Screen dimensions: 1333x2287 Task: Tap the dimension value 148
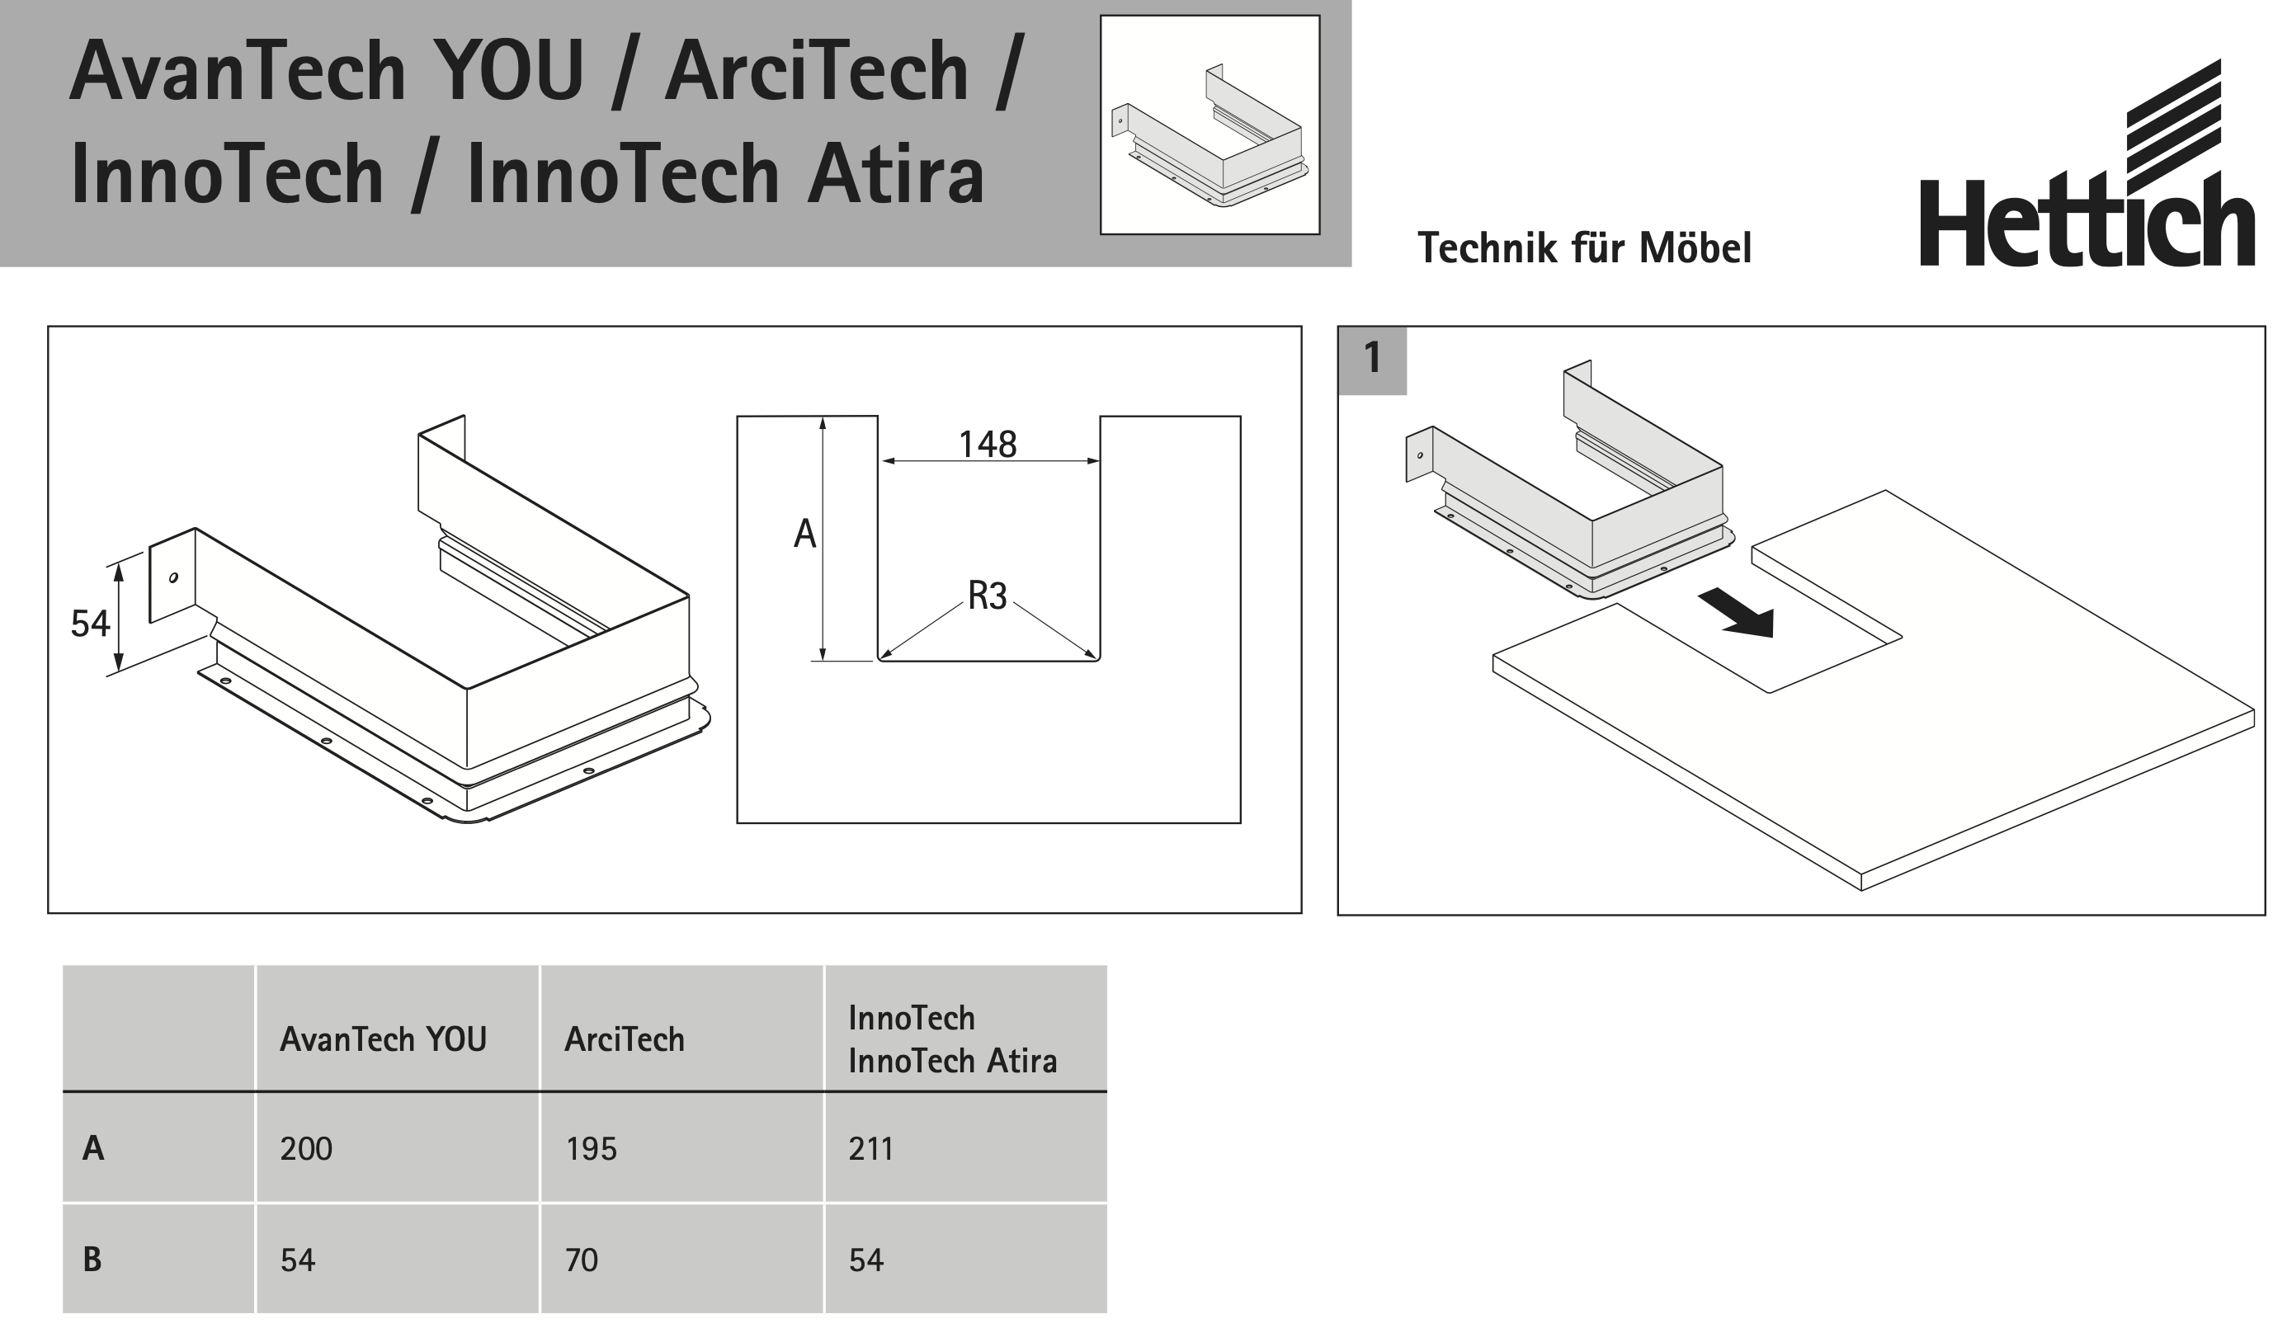tap(988, 445)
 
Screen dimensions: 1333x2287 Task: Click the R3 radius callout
tap(988, 596)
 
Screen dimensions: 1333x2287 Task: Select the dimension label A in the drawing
tap(804, 535)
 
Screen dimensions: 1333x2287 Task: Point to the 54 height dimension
tap(90, 624)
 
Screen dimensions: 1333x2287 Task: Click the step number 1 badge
tap(1372, 359)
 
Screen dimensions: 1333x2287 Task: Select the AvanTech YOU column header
tap(383, 1039)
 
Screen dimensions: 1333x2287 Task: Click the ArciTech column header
tap(625, 1039)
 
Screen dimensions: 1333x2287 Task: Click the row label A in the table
tap(92, 1148)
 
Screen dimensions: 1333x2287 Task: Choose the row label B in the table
tap(92, 1260)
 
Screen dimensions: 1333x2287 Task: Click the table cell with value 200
tap(307, 1149)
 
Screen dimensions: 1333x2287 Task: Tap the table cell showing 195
tap(591, 1149)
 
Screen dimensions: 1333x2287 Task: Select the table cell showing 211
tap(871, 1149)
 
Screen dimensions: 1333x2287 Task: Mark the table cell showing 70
tap(582, 1260)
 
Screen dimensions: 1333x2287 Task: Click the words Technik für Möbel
tap(1584, 248)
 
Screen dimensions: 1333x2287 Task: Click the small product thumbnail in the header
tap(1210, 125)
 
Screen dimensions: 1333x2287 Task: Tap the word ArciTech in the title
tap(817, 73)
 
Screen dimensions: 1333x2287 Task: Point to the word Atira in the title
tap(895, 174)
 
